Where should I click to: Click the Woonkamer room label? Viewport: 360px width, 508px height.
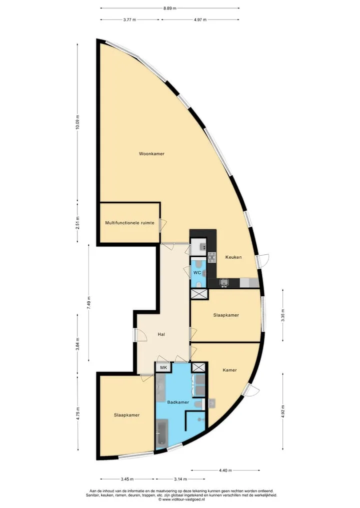151,154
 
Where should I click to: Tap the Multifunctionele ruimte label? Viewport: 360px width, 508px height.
129,223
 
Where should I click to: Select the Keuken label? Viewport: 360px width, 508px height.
233,257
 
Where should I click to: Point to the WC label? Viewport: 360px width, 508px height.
197,273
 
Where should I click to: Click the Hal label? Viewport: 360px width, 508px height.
161,334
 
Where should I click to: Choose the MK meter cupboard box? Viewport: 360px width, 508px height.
164,368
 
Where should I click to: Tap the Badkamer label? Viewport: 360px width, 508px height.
178,402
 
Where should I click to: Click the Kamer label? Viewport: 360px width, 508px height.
229,370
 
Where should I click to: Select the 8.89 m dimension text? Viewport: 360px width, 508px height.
170,8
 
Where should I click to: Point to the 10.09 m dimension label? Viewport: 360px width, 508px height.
77,122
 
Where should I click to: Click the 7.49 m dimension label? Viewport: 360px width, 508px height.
88,303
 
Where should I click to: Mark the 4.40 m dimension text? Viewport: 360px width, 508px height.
225,471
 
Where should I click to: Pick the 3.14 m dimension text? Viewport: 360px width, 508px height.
180,479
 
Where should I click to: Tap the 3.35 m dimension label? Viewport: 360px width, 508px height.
283,315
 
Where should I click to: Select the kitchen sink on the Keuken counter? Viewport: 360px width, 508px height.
224,283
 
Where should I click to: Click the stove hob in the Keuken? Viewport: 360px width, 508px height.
212,257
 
